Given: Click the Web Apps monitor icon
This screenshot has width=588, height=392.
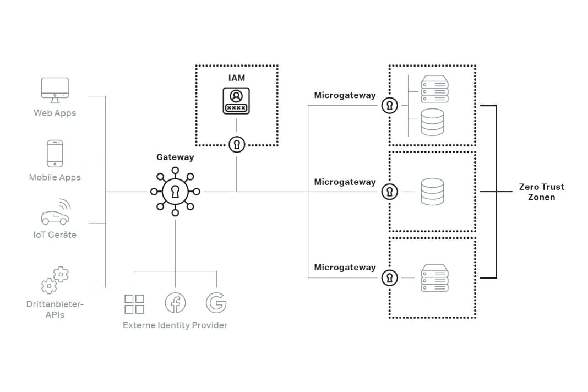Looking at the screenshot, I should pos(55,89).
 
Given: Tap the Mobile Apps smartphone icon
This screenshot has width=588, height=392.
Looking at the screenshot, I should pos(55,153).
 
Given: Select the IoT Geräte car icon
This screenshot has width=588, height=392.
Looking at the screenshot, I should pos(56,214).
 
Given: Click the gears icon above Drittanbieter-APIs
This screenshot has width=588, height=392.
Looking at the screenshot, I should pos(55,280).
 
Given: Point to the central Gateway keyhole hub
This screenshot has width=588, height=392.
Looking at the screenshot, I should pos(175,192).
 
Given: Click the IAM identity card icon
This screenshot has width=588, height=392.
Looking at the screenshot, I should pos(236,101).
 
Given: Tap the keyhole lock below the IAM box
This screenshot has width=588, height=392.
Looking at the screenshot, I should pos(237,144).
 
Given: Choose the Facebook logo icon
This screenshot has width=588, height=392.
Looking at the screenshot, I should pos(175,303).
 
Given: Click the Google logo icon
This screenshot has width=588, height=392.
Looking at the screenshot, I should pos(216,303).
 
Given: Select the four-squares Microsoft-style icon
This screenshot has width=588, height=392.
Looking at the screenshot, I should pos(134,303).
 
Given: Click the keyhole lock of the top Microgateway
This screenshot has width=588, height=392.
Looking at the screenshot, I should pos(390,105).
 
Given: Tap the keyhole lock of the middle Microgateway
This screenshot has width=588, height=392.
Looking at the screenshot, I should pos(390,192).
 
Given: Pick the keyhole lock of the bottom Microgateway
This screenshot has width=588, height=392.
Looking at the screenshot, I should pos(390,277).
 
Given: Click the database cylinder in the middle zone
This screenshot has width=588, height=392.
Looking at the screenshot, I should pos(432,192).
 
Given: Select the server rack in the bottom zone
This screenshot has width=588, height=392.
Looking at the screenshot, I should pos(434,278).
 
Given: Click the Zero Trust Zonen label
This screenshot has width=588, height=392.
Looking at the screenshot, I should pos(541,192).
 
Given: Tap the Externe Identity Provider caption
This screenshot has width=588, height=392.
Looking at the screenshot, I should pos(175,325).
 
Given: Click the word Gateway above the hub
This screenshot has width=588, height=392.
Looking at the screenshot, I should pos(175,157).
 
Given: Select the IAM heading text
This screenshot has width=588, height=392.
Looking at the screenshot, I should pos(237,78).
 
